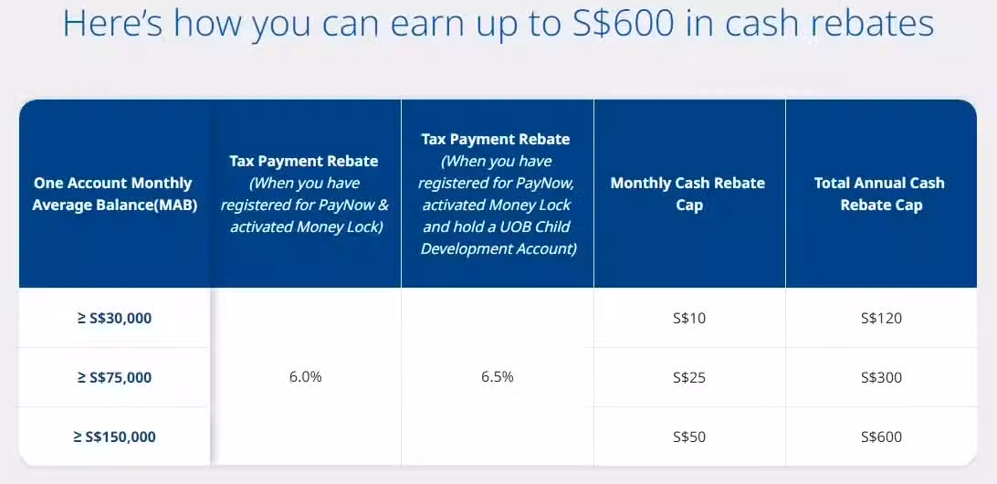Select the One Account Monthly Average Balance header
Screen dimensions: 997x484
click(x=114, y=194)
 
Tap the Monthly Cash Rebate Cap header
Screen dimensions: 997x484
click(x=689, y=194)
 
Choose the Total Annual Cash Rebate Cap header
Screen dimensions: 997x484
click(x=881, y=194)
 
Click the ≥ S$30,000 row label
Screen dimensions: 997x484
click(x=114, y=318)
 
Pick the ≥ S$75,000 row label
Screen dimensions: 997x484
click(x=114, y=378)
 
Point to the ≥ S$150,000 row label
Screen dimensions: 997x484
click(x=114, y=437)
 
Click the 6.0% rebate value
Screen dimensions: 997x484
click(x=306, y=376)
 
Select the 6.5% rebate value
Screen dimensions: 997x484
click(x=498, y=376)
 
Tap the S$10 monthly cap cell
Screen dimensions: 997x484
click(x=689, y=318)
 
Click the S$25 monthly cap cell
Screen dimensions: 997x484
click(x=689, y=378)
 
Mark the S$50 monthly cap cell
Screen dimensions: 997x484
click(x=689, y=437)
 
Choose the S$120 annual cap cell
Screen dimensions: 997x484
click(x=881, y=318)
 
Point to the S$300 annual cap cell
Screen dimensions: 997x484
click(x=881, y=378)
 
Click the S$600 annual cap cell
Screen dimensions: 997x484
click(x=881, y=437)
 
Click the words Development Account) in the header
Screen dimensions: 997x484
click(x=498, y=248)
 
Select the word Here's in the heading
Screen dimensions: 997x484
click(x=113, y=24)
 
